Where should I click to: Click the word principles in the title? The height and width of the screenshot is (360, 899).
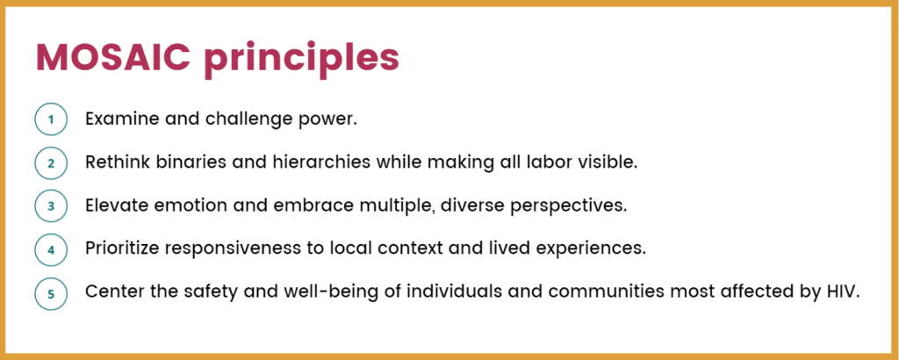click(302, 61)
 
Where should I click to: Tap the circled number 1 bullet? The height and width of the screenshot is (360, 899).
click(51, 119)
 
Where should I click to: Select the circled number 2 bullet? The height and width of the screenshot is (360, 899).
click(51, 163)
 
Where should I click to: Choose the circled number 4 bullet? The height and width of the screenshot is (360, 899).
click(51, 250)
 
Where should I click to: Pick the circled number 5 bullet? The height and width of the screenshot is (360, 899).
click(51, 294)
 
